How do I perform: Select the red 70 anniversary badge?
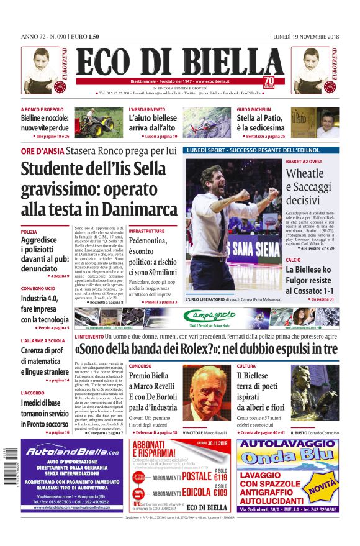pyautogui.click(x=268, y=81)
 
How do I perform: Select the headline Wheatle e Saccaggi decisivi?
pyautogui.click(x=308, y=186)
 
